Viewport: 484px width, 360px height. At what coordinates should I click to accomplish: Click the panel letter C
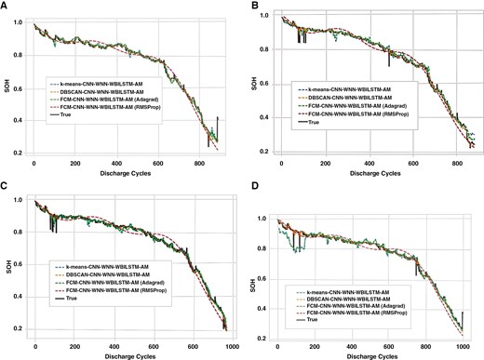coord(7,187)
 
